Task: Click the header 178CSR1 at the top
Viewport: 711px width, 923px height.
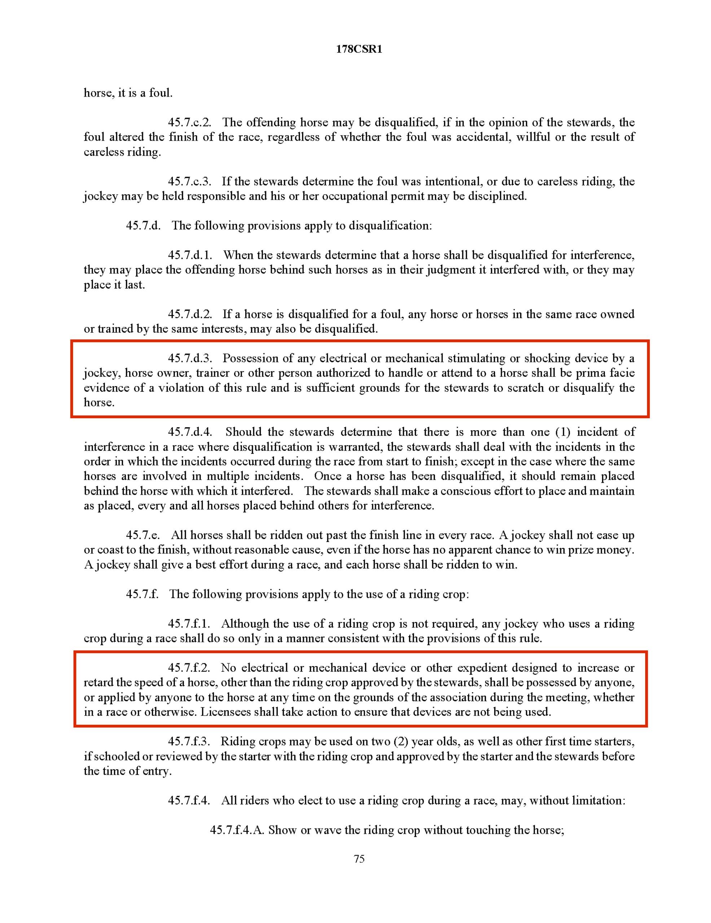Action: point(359,49)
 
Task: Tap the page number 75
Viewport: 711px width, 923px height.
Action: point(359,859)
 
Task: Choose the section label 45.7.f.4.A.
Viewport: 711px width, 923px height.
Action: point(237,830)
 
